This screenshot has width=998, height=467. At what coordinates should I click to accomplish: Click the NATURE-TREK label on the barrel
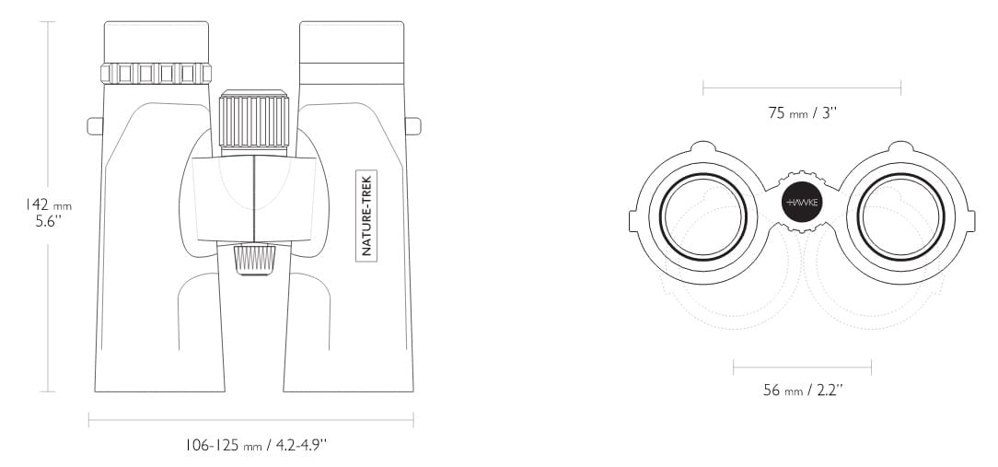coord(366,216)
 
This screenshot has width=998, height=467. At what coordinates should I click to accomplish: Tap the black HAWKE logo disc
coord(802,203)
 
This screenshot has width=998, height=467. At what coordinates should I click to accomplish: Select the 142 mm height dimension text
coord(49,204)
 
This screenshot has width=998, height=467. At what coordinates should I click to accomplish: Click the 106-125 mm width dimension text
coord(256,445)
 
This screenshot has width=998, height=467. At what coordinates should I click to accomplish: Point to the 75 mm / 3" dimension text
coord(802,112)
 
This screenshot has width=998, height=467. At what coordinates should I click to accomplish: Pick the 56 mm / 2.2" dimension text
coord(803,390)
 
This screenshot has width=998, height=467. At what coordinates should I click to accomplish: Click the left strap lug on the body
coord(95,126)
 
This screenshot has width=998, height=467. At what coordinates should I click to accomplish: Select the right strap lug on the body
coord(413,126)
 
